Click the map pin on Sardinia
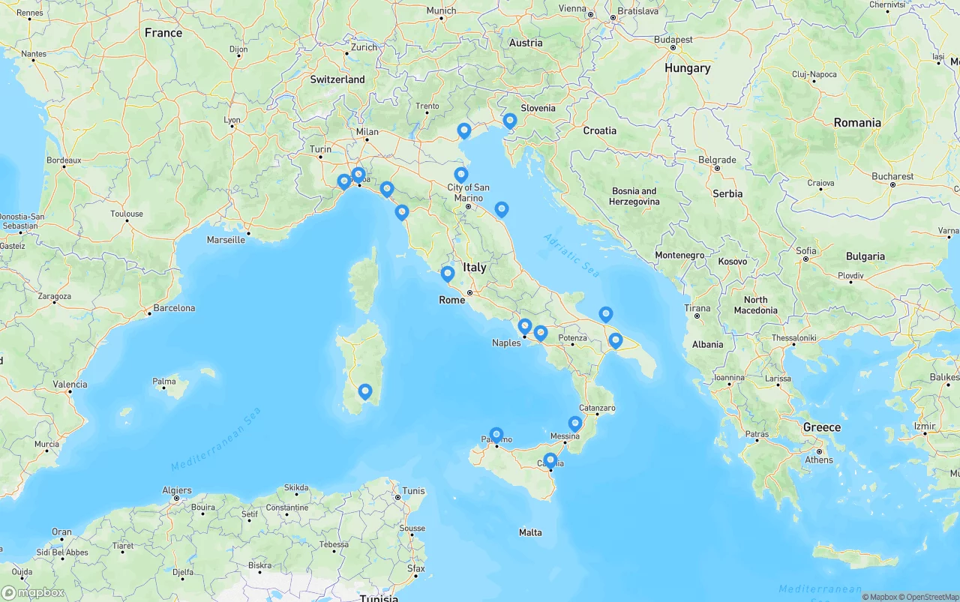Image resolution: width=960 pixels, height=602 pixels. (x=365, y=391)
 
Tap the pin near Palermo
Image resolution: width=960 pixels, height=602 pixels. (x=496, y=435)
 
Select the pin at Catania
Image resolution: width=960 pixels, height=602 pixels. (x=550, y=460)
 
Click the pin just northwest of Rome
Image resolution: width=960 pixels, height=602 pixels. (x=448, y=274)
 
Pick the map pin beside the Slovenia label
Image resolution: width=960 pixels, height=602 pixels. (x=510, y=121)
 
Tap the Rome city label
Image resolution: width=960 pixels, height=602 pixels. (x=451, y=300)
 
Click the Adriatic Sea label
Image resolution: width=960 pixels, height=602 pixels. (x=571, y=256)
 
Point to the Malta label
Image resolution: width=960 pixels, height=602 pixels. (x=530, y=532)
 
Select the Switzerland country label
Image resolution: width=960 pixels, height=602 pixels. (x=337, y=79)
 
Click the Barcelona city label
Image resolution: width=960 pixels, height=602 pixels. (x=174, y=308)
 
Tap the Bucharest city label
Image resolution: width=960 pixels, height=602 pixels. (x=892, y=177)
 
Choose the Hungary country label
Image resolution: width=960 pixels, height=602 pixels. (x=687, y=68)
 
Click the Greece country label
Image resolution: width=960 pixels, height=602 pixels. (x=822, y=427)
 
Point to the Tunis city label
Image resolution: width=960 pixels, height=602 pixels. (x=413, y=491)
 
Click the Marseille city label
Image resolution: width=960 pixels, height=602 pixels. (x=226, y=240)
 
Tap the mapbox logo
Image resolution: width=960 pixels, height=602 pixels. (x=33, y=592)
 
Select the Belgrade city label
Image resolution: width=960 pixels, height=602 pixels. (x=716, y=160)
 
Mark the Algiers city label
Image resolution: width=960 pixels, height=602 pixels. (x=177, y=491)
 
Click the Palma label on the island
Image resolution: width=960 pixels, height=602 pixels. (x=164, y=382)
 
